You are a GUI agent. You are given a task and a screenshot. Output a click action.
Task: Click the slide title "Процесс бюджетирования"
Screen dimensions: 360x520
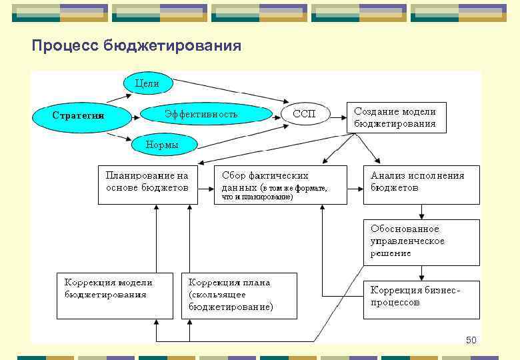click(137, 46)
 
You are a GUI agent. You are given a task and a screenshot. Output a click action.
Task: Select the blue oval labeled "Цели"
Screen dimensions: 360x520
click(147, 83)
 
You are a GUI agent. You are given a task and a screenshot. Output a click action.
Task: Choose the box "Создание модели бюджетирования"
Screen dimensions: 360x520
click(396, 117)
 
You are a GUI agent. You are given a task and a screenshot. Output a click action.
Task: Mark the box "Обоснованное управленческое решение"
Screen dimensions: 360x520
click(421, 242)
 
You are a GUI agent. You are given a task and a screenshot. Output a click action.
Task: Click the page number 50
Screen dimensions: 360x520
click(471, 341)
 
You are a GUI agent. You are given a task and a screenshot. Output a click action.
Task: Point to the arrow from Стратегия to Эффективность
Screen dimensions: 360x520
click(132, 115)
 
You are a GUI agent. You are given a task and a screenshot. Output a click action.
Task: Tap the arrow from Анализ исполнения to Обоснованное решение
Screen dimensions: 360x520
click(421, 211)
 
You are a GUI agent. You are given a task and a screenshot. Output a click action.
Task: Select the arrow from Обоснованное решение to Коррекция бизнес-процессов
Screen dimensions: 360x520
click(421, 273)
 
